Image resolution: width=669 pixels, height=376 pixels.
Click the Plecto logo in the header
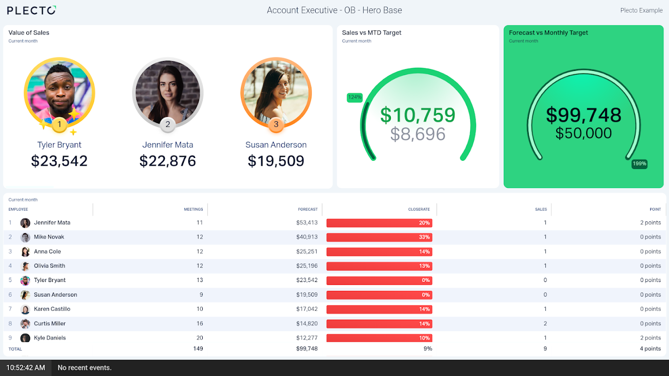coord(32,10)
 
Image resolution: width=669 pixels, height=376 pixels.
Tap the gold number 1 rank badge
coord(59,125)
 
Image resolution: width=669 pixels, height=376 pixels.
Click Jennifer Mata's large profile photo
coord(168,92)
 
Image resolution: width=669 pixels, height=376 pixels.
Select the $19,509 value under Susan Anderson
coord(276,161)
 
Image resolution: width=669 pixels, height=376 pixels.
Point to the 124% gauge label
coord(355,98)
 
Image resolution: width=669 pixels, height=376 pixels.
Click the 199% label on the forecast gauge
coord(639,164)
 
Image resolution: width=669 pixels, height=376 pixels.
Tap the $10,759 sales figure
coord(418,115)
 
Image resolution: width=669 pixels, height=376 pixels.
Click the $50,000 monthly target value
coord(583,133)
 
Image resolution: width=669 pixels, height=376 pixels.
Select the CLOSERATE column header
coord(419,209)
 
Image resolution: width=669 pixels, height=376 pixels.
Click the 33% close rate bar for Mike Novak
coord(379,237)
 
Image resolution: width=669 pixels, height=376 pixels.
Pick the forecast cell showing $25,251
coord(307,251)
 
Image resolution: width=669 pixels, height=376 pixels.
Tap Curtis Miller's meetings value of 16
coord(199,323)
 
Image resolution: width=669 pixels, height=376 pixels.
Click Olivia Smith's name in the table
coord(49,266)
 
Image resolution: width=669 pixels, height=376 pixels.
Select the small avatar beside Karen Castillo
coord(25,309)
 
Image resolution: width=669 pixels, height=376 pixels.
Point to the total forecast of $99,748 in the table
coord(307,349)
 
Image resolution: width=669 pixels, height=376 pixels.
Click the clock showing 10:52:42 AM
coord(26,368)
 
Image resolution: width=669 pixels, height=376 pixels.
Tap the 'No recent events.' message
coord(85,368)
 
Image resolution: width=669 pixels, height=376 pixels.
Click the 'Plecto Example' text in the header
coord(641,10)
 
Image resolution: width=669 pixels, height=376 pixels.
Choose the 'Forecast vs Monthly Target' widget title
coord(549,33)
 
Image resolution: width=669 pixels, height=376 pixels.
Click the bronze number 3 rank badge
coord(276,125)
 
